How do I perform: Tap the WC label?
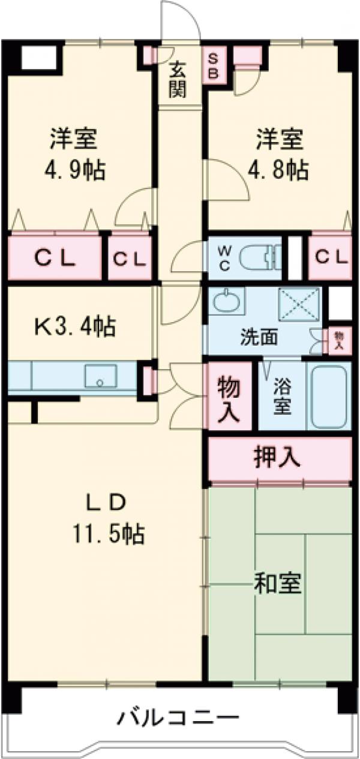coord(223,259)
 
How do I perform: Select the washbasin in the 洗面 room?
coord(226,301)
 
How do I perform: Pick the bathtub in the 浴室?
coord(328,395)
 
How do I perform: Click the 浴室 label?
coord(282,396)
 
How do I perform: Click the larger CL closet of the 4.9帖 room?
coord(54,259)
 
